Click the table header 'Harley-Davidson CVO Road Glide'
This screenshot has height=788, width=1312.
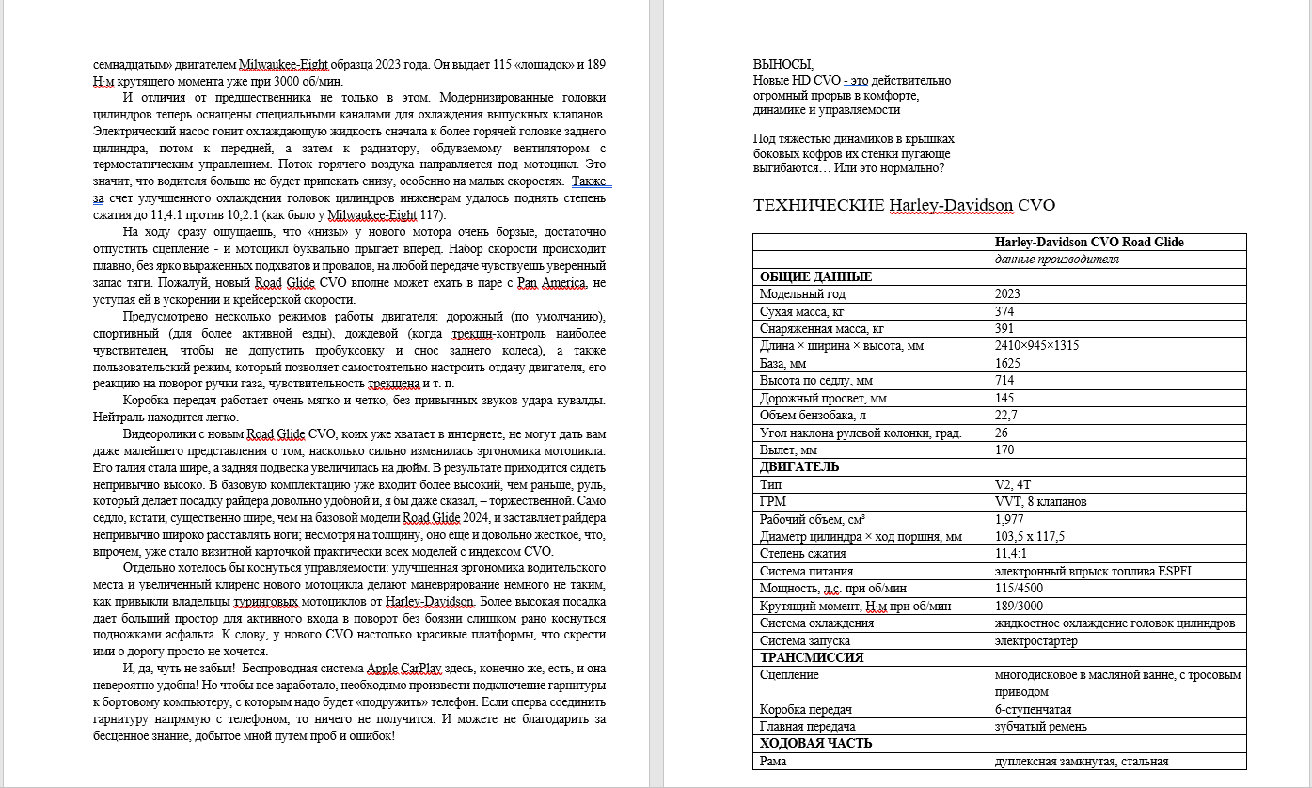coord(1089,242)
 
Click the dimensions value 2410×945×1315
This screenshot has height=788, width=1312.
coord(1036,345)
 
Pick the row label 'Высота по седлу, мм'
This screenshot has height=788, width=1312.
coord(815,380)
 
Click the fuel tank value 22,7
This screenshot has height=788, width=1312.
coord(1007,415)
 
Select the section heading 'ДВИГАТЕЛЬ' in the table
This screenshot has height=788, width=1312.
coord(799,466)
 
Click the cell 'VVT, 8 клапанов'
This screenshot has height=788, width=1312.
coord(1041,501)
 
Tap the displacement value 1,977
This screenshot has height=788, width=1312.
coord(1010,519)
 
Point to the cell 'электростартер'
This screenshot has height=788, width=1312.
coord(1036,640)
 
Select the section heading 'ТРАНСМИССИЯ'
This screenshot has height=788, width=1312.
coord(811,657)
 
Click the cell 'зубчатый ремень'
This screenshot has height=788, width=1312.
coord(1041,726)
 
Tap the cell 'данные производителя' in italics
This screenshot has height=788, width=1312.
coord(1057,259)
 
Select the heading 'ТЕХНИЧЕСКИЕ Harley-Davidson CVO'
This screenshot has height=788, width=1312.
coord(905,205)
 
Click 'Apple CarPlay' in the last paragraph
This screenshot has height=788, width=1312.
coord(401,668)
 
